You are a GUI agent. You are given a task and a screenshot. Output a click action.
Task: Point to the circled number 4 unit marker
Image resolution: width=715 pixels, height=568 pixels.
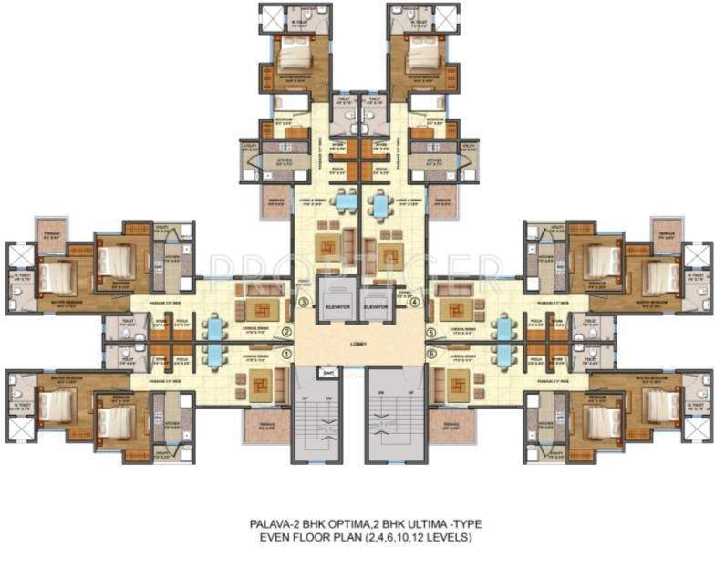tap(414, 303)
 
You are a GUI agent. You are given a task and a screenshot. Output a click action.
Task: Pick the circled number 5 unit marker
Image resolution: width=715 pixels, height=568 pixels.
tap(431, 333)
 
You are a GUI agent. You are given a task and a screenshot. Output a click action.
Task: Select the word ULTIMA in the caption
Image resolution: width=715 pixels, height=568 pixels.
tap(423, 524)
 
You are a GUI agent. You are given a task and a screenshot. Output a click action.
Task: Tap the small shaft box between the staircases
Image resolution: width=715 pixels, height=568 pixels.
tap(329, 372)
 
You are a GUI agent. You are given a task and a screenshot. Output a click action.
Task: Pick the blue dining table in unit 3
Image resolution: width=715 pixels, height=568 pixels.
tap(344, 199)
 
